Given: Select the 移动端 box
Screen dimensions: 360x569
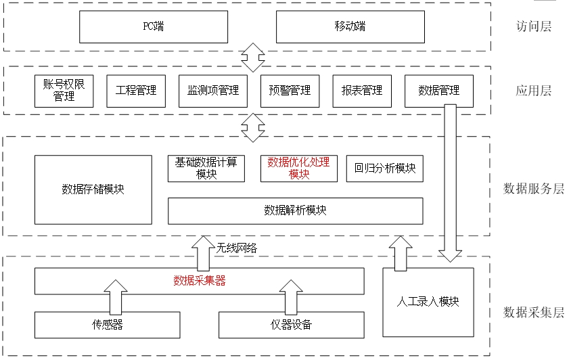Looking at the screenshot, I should (350, 26).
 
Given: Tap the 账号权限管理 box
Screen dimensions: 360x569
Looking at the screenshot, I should (64, 91).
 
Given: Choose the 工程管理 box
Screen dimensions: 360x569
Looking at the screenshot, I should (136, 91).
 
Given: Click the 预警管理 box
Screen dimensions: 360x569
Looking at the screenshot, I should (290, 91).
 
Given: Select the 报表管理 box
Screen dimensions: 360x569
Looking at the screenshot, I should (362, 91).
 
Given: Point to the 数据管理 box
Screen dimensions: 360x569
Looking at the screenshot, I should (438, 91).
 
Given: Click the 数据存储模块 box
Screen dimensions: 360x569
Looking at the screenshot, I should (93, 189).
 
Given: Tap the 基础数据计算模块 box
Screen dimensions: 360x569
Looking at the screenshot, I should (206, 168).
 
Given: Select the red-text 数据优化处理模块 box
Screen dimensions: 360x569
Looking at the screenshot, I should (298, 168).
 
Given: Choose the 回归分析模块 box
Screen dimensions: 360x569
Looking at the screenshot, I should (385, 168).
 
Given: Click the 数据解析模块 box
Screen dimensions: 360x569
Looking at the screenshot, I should (295, 210).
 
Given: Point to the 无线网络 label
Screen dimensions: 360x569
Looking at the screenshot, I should (237, 248).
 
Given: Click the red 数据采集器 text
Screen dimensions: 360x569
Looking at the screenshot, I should (199, 281).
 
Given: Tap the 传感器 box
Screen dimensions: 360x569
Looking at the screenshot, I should (108, 325).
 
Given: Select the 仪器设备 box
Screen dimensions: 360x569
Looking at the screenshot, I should (292, 325).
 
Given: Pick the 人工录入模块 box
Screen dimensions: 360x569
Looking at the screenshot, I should (428, 302).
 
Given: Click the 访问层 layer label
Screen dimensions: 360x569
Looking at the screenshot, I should (533, 27).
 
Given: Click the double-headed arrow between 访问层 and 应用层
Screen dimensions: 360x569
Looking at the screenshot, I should (253, 58).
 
